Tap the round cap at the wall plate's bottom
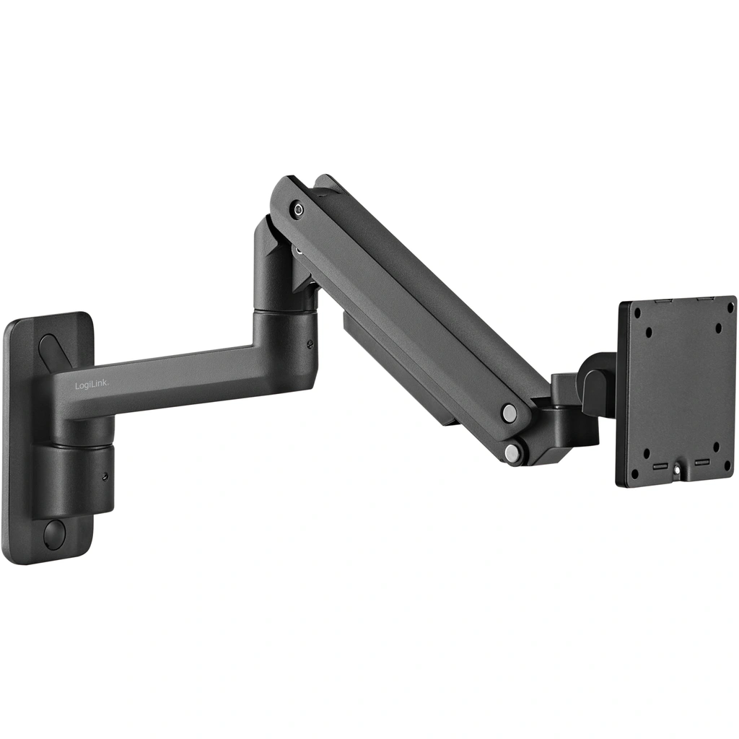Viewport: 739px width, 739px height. (x=55, y=535)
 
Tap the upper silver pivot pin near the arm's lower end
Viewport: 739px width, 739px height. (x=510, y=414)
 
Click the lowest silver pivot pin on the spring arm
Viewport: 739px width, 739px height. (x=512, y=453)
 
